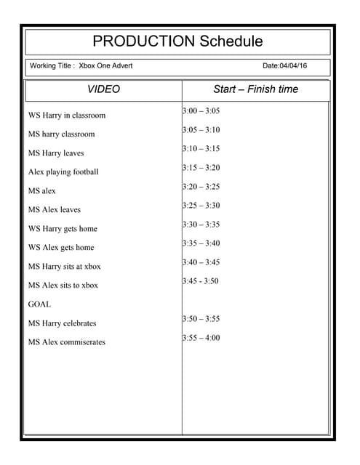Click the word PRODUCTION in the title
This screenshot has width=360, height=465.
coord(143,41)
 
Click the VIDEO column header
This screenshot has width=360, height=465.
coord(103,89)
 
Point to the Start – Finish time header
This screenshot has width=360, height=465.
coord(255,89)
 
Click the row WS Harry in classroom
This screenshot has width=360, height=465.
coord(67,116)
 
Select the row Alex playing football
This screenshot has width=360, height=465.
coord(63,172)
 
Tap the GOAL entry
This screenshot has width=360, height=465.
coord(39,304)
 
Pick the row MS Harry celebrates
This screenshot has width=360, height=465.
coord(62,323)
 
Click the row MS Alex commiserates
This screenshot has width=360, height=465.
coord(67,342)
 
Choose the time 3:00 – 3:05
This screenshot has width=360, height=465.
coord(201,111)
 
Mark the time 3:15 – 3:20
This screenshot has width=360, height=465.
coord(201,168)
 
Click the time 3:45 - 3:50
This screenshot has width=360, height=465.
coord(200,281)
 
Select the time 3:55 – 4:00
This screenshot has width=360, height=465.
coord(201,338)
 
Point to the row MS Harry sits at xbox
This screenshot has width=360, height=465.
coord(65,267)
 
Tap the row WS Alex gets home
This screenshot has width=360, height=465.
coord(61,248)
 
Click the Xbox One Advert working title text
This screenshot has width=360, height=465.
coord(105,66)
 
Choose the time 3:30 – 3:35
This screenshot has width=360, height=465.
coord(201,225)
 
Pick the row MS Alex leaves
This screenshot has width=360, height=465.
coord(55,210)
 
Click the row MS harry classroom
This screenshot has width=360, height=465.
coord(61,134)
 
